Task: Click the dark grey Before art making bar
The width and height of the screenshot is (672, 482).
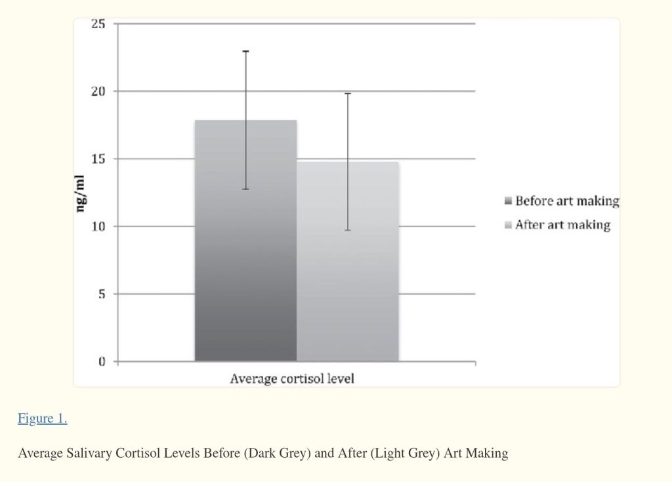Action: click(245, 262)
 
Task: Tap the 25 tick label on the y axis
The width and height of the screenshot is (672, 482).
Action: click(98, 24)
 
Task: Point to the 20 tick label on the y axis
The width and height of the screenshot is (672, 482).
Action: click(98, 91)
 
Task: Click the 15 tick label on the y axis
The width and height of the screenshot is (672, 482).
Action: click(98, 159)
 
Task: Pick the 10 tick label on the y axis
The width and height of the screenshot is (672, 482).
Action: click(98, 226)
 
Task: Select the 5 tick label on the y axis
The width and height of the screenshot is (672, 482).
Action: click(102, 294)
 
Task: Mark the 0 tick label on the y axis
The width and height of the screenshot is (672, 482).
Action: click(102, 362)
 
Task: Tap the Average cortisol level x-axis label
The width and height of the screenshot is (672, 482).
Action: click(291, 379)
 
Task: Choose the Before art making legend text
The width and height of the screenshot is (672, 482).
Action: click(567, 201)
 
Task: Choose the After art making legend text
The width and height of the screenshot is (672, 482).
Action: click(562, 225)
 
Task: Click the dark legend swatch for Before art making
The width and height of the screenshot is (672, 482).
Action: click(508, 201)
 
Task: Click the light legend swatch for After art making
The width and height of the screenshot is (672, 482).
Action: click(508, 226)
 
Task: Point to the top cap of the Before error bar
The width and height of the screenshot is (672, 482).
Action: click(245, 51)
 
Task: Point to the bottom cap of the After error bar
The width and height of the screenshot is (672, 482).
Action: click(348, 230)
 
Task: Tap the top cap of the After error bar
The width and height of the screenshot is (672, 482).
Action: click(348, 94)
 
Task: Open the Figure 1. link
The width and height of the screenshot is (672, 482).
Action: click(42, 418)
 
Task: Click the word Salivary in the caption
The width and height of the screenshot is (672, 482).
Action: click(88, 453)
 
